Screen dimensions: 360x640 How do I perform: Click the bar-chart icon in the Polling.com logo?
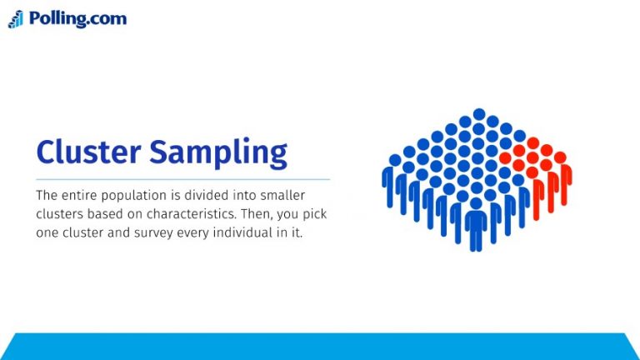pyautogui.click(x=16, y=19)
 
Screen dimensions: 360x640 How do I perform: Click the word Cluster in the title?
pyautogui.click(x=88, y=152)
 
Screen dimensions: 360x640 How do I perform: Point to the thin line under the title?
pyautogui.click(x=183, y=179)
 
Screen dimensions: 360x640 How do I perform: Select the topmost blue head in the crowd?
pyautogui.click(x=479, y=114)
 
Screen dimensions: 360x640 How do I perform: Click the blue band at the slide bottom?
pyautogui.click(x=320, y=347)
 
